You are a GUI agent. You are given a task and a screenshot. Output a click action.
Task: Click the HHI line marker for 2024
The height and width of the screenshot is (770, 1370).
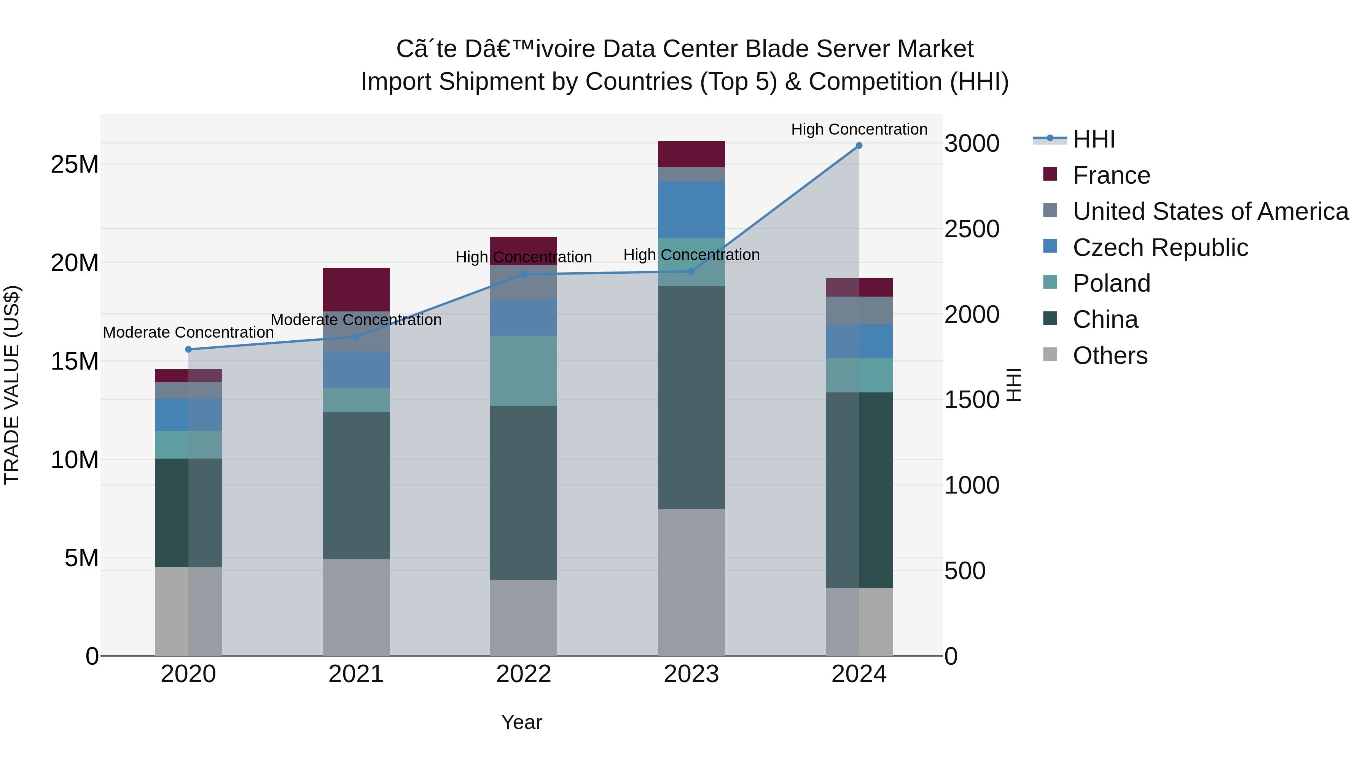click(x=859, y=146)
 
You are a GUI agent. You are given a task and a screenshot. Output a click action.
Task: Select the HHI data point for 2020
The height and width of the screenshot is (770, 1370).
click(x=188, y=349)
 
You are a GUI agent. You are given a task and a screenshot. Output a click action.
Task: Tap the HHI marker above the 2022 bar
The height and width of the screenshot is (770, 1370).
click(x=523, y=274)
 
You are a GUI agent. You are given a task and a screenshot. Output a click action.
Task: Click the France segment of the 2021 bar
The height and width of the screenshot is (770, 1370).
click(x=356, y=290)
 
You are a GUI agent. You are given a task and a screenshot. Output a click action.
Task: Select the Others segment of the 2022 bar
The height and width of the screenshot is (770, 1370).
click(x=523, y=618)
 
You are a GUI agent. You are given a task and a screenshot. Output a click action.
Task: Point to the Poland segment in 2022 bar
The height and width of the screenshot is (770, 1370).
click(x=523, y=371)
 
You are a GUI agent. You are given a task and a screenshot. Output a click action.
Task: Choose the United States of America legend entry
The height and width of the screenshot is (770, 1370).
click(x=1210, y=211)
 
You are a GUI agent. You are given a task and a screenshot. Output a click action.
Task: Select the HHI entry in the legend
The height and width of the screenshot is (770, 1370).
click(x=1093, y=139)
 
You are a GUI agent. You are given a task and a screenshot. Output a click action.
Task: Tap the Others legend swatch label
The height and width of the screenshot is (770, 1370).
click(x=1110, y=356)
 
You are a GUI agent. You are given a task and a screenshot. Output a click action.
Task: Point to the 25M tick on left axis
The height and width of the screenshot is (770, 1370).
click(x=75, y=165)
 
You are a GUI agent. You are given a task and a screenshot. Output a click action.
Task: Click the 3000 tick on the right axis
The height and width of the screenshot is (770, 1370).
click(x=972, y=144)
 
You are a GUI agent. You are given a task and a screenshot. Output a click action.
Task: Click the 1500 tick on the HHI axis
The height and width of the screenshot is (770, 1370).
click(x=972, y=400)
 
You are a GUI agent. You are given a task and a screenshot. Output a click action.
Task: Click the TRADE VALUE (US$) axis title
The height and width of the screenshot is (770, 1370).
click(x=12, y=385)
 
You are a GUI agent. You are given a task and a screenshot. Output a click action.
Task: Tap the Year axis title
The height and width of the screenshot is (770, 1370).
click(x=521, y=722)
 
